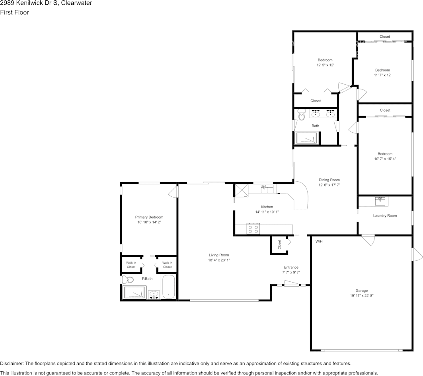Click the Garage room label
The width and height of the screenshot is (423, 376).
[x=361, y=291]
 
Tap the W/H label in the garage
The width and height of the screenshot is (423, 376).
[x=319, y=242]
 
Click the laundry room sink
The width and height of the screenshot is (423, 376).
[x=380, y=201]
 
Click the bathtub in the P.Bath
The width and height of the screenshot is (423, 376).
[x=168, y=287]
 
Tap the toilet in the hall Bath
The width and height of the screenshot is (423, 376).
[x=300, y=114]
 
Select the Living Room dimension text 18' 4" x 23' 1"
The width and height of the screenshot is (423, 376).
[x=219, y=260]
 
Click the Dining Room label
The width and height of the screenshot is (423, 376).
[x=329, y=180]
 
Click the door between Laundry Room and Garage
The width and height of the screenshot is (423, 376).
[x=368, y=240]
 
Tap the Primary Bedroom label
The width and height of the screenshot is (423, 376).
[x=149, y=217]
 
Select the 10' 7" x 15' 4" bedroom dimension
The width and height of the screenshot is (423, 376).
[x=385, y=159]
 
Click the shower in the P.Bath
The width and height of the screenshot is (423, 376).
[x=135, y=293]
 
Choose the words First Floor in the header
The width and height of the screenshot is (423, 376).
[x=14, y=12]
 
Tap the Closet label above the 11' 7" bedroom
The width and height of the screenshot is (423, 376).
[x=384, y=37]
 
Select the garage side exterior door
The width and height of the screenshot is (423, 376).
[x=416, y=254]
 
